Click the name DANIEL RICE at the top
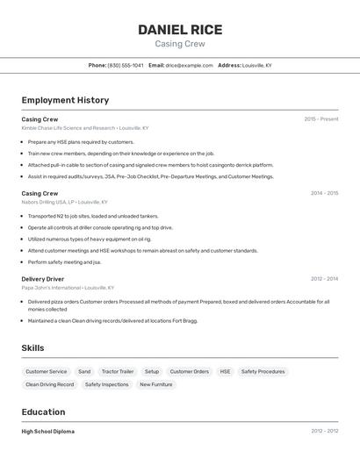point(179,30)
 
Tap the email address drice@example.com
point(190,65)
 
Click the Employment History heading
point(65,100)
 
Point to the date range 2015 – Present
point(320,118)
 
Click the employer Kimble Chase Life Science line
point(85,128)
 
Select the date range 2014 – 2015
point(324,193)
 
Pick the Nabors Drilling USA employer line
point(65,202)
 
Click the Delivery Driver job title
point(43,279)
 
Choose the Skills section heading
point(32,348)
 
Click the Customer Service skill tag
point(46,371)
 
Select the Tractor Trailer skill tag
point(118,371)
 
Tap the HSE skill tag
point(225,371)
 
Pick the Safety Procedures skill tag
point(263,371)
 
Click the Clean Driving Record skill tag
point(49,384)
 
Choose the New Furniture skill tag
point(156,384)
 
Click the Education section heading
point(43,411)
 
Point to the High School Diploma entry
point(48,432)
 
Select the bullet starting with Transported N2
point(93,216)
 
